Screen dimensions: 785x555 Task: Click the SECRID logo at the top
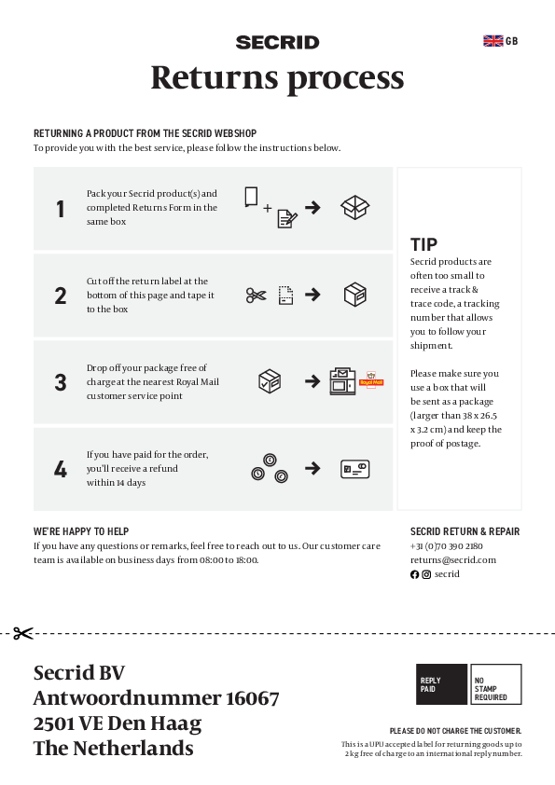(x=277, y=42)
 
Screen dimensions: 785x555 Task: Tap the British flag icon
(x=493, y=40)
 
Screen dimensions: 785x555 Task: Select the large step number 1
(x=61, y=210)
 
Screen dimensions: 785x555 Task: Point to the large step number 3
(x=61, y=382)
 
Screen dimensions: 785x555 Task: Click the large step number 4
(x=61, y=470)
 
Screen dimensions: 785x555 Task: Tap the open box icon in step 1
(x=354, y=207)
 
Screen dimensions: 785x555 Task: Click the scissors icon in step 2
(x=257, y=295)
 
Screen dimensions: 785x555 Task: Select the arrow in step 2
(x=313, y=295)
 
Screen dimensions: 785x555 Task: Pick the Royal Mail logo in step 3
(x=372, y=379)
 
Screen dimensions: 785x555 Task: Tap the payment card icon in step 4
(x=354, y=469)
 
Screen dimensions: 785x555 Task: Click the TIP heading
(x=423, y=245)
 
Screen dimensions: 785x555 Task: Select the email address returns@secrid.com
(x=452, y=559)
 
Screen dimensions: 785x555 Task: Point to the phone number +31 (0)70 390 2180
(x=446, y=545)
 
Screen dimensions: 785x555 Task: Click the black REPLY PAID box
(x=441, y=684)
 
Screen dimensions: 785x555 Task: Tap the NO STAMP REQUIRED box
(x=495, y=684)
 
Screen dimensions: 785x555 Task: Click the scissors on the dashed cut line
(x=23, y=633)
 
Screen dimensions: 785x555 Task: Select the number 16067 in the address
(x=251, y=698)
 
